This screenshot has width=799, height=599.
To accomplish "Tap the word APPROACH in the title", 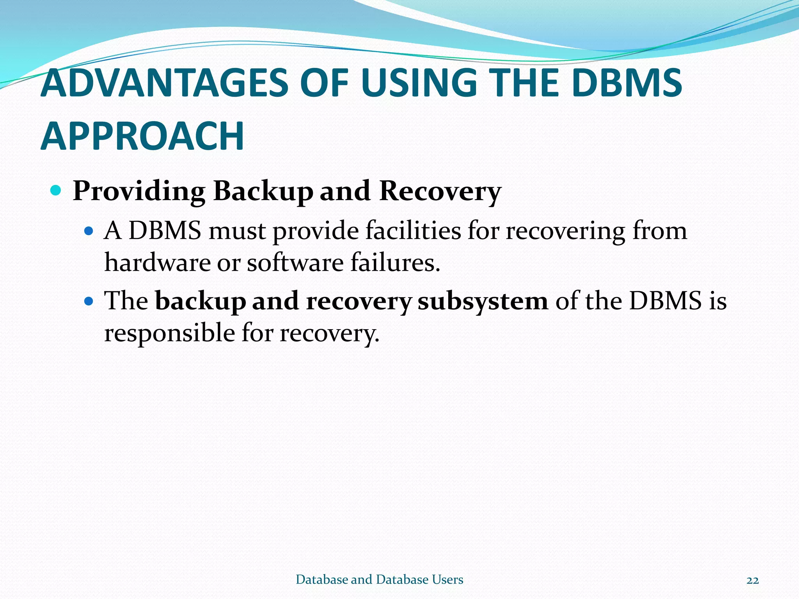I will pos(142,136).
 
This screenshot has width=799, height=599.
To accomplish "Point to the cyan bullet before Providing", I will pos(56,191).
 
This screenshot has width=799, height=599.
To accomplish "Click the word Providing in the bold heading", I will pos(139,191).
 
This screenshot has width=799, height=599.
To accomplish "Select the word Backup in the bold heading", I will pos(263,191).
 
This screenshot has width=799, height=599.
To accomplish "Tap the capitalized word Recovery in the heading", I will pos(440,191).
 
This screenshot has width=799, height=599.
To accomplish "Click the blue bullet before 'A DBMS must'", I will pos(89,231).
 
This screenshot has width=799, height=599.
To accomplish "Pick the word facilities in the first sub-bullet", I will pos(413,230).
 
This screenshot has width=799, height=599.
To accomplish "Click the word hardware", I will pos(157,262).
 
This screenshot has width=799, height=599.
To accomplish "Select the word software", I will pos(295,262).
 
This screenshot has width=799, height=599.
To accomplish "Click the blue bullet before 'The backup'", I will pos(89,301).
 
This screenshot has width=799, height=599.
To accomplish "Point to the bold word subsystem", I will pos(483,301).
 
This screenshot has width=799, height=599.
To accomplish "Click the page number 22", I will pos(753,580).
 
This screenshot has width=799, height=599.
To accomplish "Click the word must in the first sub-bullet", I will pos(237,231).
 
